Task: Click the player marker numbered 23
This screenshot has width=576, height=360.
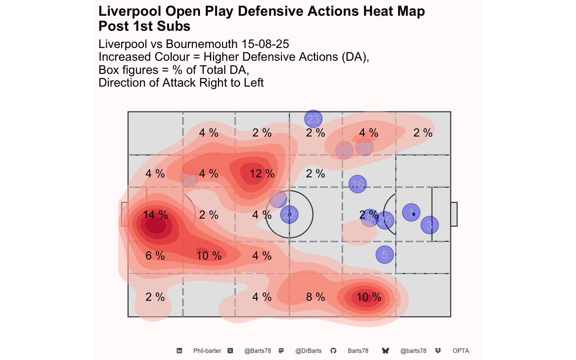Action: [313, 119]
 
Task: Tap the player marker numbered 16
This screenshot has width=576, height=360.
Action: [357, 184]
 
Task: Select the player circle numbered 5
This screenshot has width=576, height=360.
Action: [384, 255]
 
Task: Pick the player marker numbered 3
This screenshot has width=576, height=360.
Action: [429, 225]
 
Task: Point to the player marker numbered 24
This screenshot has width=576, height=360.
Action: [189, 178]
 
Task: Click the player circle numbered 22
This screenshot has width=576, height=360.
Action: [289, 214]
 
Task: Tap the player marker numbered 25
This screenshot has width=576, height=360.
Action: [385, 220]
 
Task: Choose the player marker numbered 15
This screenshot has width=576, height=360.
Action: [344, 151]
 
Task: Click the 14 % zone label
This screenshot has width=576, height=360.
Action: [155, 215]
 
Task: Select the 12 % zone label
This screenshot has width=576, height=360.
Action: [262, 174]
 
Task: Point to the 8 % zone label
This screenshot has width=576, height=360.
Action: [315, 297]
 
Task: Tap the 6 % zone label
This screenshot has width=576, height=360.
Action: [155, 256]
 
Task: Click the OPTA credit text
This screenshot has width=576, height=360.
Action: [461, 351]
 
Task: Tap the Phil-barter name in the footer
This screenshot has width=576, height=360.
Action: [207, 351]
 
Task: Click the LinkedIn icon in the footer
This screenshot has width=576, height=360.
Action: [179, 351]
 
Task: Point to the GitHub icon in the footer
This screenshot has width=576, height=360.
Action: [333, 351]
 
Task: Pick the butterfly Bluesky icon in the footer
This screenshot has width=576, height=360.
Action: [385, 351]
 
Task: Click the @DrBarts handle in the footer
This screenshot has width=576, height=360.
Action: [308, 351]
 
